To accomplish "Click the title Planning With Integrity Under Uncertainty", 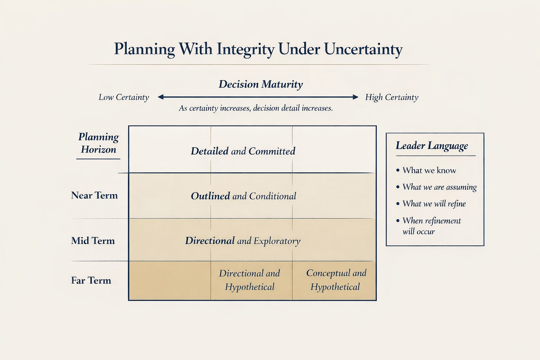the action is pyautogui.click(x=258, y=49).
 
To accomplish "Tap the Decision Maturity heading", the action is pyautogui.click(x=261, y=84).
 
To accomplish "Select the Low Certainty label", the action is pyautogui.click(x=124, y=97).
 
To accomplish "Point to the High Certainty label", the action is pyautogui.click(x=392, y=97).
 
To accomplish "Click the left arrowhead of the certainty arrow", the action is pyautogui.click(x=161, y=97).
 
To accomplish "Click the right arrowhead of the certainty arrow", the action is pyautogui.click(x=356, y=97).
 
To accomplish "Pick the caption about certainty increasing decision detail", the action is pyautogui.click(x=256, y=108).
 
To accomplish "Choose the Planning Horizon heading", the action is pyautogui.click(x=98, y=143).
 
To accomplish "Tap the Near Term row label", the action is pyautogui.click(x=94, y=195).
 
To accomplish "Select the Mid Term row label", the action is pyautogui.click(x=93, y=241).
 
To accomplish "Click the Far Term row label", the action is pyautogui.click(x=91, y=280).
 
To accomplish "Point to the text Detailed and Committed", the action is pyautogui.click(x=243, y=151).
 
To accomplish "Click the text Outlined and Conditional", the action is pyautogui.click(x=243, y=196).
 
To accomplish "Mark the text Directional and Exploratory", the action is pyautogui.click(x=243, y=241).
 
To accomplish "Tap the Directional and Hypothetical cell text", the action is pyautogui.click(x=250, y=280).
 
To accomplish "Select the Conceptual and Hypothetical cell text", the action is pyautogui.click(x=336, y=280).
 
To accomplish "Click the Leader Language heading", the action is pyautogui.click(x=432, y=146).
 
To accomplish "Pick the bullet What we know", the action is pyautogui.click(x=429, y=171).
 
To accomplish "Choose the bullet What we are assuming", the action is pyautogui.click(x=439, y=187).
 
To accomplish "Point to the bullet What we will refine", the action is pyautogui.click(x=434, y=204).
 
